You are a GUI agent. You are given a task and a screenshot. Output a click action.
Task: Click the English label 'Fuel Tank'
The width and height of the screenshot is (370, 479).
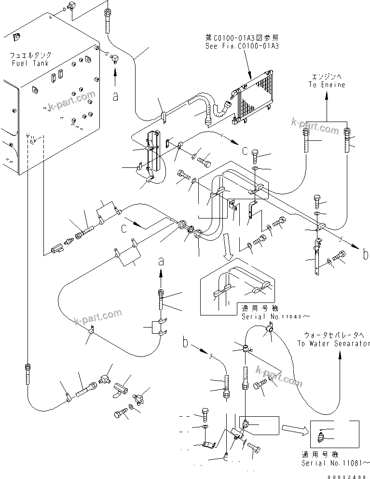click(x=30, y=64)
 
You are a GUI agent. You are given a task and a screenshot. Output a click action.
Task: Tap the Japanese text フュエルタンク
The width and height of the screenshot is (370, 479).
click(x=30, y=56)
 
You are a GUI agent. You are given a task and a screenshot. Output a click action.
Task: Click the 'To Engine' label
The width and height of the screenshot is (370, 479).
click(x=327, y=85)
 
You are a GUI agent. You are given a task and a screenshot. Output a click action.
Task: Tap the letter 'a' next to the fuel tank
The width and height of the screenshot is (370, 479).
click(x=115, y=96)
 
